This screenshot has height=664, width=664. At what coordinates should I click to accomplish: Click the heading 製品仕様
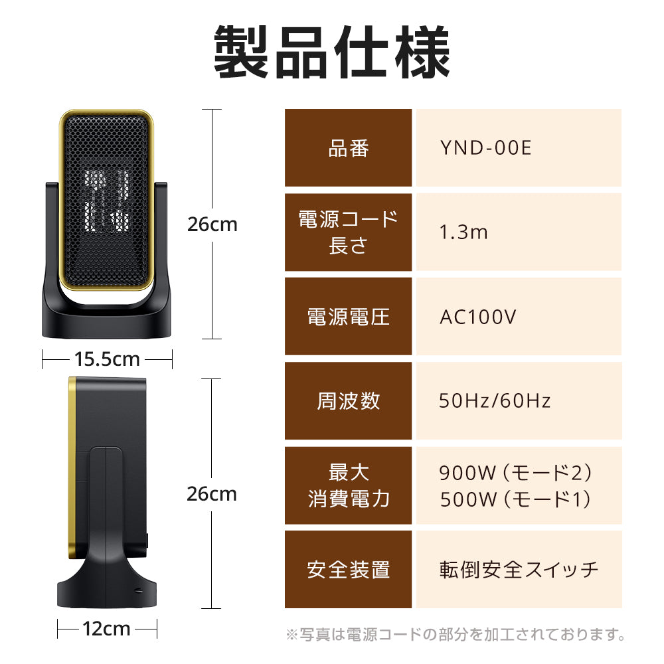click(331, 53)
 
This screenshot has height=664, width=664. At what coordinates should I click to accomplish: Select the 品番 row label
click(349, 148)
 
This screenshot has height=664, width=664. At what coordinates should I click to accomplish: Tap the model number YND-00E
click(485, 148)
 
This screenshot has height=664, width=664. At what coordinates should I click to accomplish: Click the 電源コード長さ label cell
click(349, 232)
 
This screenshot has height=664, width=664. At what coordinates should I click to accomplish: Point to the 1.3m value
click(463, 232)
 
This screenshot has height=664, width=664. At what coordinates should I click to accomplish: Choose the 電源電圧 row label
click(349, 317)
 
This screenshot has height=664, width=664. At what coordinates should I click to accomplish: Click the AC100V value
click(477, 317)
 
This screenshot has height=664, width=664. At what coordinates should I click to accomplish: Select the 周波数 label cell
click(349, 400)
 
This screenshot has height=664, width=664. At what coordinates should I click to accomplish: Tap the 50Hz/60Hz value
click(495, 400)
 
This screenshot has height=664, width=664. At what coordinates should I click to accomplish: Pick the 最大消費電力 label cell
click(349, 485)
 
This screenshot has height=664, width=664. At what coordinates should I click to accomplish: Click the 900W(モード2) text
click(515, 473)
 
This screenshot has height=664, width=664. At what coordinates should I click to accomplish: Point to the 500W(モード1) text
click(515, 499)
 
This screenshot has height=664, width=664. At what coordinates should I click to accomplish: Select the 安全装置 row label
click(349, 570)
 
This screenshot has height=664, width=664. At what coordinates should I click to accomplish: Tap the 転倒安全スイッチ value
click(519, 570)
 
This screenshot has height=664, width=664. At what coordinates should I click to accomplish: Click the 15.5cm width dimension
click(107, 359)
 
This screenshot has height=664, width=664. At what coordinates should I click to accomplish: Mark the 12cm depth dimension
click(107, 628)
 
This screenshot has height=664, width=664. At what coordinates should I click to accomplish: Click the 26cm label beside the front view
click(212, 224)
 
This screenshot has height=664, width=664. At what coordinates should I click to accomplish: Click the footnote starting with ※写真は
click(456, 635)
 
